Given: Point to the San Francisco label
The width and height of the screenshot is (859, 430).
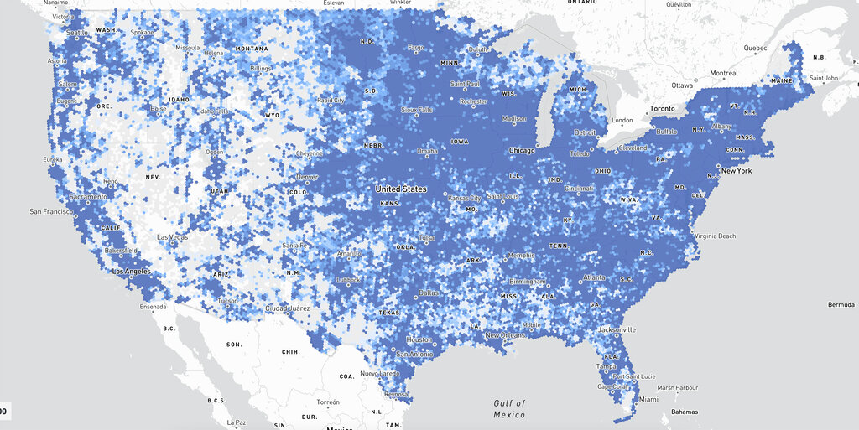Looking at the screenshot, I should point(52,211).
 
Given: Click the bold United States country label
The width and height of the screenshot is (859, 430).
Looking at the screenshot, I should point(401,189).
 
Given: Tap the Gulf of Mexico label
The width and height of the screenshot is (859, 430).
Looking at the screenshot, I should point(509,409).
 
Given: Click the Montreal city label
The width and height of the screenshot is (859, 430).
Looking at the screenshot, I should point(723,73).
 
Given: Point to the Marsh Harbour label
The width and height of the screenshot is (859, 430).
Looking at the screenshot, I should point(677,386).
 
